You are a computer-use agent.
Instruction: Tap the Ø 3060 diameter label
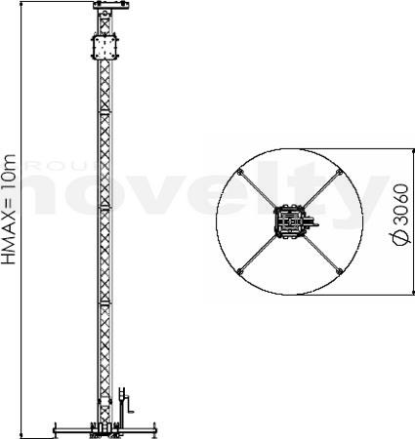(401, 215)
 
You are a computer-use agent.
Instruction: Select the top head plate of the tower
(111, 5)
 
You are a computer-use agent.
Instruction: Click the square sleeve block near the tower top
(104, 47)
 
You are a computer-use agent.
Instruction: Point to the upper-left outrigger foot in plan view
(240, 173)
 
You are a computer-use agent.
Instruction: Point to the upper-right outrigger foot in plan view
(339, 172)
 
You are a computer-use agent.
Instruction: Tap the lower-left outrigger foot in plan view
(240, 271)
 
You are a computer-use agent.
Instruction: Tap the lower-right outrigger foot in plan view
(339, 270)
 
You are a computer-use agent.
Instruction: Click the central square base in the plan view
(289, 222)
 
